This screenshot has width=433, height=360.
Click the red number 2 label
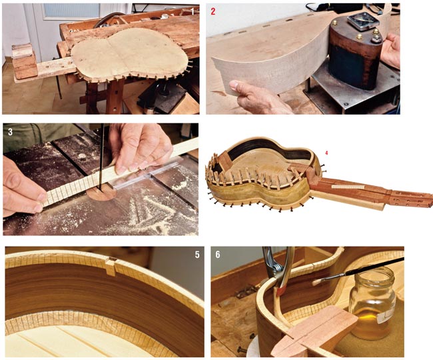point(213,11)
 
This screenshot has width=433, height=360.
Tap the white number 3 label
point(10,132)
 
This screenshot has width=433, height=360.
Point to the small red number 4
point(326,153)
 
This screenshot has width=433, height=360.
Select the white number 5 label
point(197,255)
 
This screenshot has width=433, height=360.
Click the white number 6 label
point(218,255)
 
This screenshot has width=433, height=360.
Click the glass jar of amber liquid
point(373,303)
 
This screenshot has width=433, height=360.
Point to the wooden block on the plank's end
point(24,61)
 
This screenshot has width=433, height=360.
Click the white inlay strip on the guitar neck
point(346,187)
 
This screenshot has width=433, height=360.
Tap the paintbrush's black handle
point(375,266)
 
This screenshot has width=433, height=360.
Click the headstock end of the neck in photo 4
point(412,198)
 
